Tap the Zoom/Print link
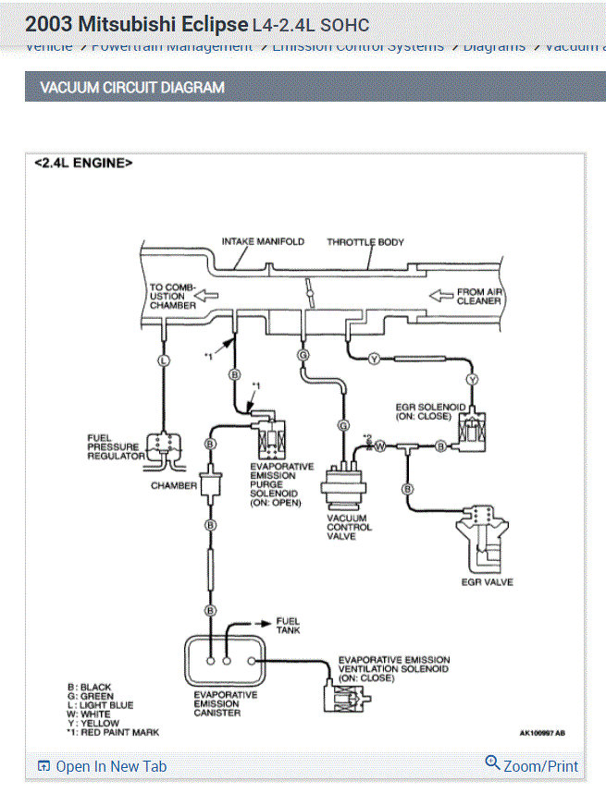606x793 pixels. coord(532,765)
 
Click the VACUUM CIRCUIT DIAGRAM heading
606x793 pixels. coord(132,88)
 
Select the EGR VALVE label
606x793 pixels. coord(487,582)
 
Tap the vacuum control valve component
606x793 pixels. coord(346,488)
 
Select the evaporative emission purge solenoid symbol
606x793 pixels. coord(271,435)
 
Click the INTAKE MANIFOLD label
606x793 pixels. coord(263,242)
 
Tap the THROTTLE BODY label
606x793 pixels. coord(365,242)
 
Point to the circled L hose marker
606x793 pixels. coord(164,360)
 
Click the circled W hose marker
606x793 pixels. coord(379,445)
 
